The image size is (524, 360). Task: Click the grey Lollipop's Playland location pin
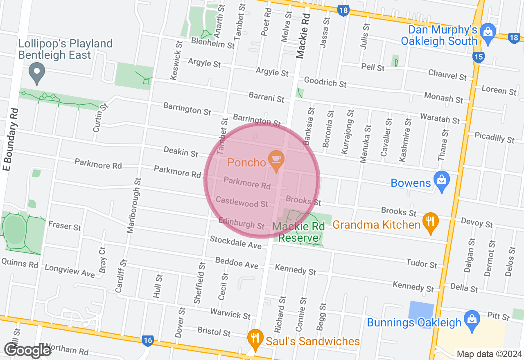point(37,72)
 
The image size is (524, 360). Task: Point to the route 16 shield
point(148,340)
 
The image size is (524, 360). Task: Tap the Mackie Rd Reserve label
point(298,232)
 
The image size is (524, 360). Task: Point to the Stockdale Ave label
point(235,242)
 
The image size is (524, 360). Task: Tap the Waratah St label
point(440,119)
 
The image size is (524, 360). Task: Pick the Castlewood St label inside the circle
point(242,202)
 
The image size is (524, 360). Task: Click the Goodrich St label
point(325,82)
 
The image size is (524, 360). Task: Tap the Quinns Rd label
point(19,263)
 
